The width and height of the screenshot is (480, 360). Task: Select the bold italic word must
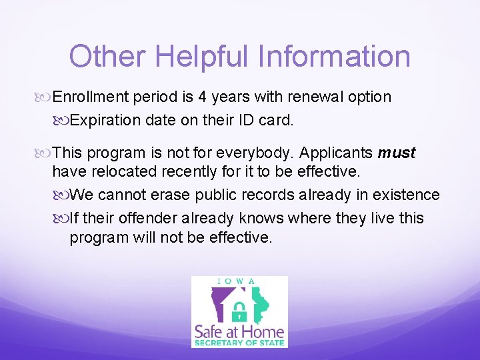click(397, 153)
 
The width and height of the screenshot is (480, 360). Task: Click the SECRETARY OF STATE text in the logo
click(239, 343)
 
